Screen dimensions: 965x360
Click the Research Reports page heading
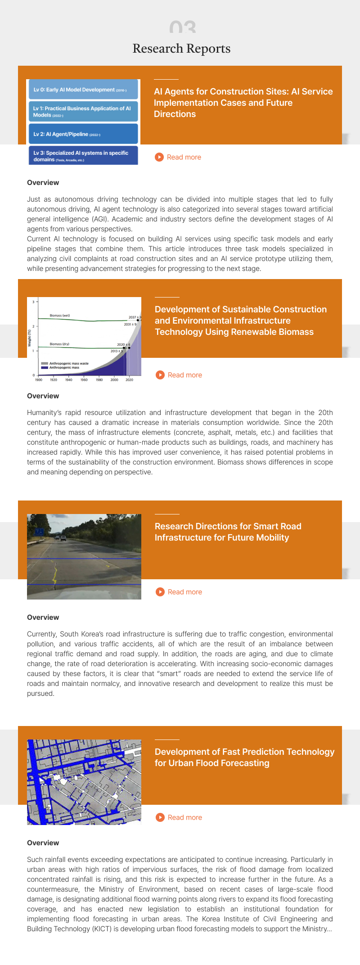tap(181, 49)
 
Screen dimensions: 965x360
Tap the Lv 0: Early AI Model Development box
tap(83, 90)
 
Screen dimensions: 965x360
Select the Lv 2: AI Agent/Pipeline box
tap(83, 134)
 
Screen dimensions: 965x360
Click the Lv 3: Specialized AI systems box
tap(83, 156)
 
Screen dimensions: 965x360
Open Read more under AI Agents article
tap(184, 157)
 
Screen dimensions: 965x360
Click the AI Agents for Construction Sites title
tap(243, 103)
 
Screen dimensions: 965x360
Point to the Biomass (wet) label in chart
tap(60, 316)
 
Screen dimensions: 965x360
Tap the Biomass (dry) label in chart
tap(59, 344)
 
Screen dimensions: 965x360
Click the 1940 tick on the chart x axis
tap(69, 380)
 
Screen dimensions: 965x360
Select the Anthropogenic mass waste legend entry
tap(68, 363)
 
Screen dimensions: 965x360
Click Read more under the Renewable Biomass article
tap(184, 375)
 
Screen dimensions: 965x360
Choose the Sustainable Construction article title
tap(240, 320)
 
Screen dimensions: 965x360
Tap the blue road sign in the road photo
tap(39, 532)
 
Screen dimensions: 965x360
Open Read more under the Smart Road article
tap(184, 592)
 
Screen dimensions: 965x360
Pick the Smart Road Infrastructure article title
tap(228, 532)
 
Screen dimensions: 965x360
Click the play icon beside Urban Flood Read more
tap(160, 817)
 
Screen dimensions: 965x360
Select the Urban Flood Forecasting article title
tap(244, 757)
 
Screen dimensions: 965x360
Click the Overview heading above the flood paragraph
tap(43, 843)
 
